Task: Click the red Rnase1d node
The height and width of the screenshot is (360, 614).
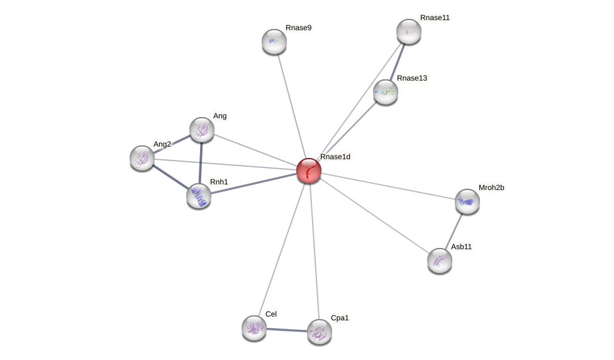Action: click(x=309, y=171)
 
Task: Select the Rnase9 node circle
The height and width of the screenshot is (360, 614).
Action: click(x=274, y=42)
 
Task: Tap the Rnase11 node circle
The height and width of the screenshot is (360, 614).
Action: click(x=409, y=31)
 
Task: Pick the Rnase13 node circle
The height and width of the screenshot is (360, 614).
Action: click(x=386, y=92)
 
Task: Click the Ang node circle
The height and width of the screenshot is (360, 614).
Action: click(x=202, y=130)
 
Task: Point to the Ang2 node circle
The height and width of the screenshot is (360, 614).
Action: click(x=142, y=158)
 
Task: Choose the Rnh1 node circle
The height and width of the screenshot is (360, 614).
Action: click(x=199, y=196)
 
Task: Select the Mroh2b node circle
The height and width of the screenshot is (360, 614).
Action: click(x=467, y=201)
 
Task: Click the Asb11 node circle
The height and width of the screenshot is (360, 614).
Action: click(x=440, y=261)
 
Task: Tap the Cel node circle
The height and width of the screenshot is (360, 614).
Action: click(x=254, y=328)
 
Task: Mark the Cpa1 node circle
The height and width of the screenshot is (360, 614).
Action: click(x=320, y=332)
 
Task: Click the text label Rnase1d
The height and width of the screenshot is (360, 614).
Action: click(x=335, y=157)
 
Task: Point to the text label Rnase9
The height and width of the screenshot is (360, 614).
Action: click(x=298, y=28)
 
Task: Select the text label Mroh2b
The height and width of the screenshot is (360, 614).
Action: click(x=491, y=188)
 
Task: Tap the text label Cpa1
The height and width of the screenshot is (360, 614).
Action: click(x=340, y=318)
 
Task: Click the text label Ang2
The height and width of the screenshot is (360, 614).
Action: click(x=162, y=144)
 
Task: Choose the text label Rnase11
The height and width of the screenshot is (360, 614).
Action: click(x=435, y=18)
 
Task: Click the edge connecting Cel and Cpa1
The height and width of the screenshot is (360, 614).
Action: click(x=287, y=330)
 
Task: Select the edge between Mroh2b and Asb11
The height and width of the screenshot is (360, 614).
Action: click(x=454, y=231)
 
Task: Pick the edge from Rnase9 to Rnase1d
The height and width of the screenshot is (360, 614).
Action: click(x=291, y=106)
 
